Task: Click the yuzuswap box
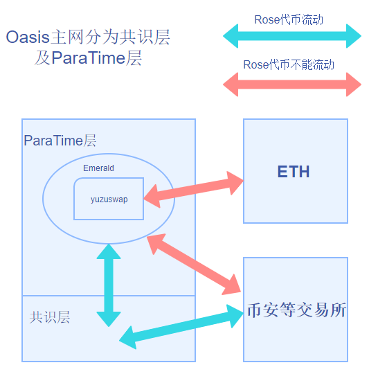point(109,199)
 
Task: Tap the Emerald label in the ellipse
point(98,168)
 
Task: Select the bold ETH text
point(294,172)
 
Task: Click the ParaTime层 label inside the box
point(60,140)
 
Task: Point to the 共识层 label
point(50,317)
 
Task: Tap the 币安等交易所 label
point(297,310)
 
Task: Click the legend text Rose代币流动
point(289,19)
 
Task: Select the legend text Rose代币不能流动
point(289,64)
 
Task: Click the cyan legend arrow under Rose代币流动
point(292,36)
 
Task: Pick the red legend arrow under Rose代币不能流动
point(292,84)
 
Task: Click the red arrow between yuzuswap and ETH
point(194,190)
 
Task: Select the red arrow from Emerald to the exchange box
point(194,265)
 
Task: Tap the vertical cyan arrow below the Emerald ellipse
point(109,285)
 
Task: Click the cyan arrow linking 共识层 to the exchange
point(181,327)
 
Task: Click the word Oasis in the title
point(28,37)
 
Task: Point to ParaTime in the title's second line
point(89,58)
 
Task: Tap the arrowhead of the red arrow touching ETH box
point(235,183)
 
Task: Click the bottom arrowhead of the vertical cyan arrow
point(109,319)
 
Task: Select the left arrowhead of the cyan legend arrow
point(231,36)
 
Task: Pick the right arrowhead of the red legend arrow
point(354,84)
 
